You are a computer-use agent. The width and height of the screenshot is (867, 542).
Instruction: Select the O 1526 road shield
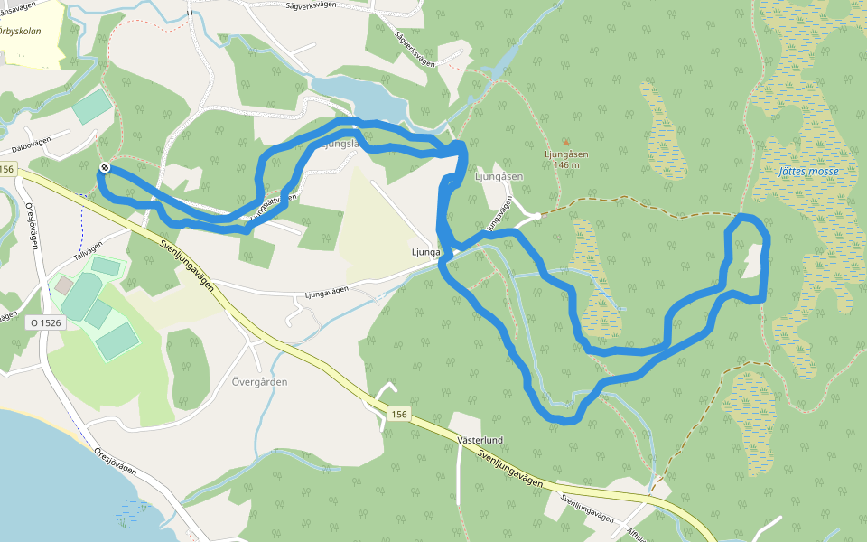(x=44, y=322)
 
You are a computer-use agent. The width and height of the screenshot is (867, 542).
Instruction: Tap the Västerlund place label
(x=480, y=440)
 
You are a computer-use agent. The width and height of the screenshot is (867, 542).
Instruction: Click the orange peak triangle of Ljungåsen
(x=566, y=142)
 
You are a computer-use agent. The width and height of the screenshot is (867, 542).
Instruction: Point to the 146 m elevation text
(x=567, y=165)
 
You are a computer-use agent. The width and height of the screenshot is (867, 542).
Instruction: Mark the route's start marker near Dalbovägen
(x=105, y=167)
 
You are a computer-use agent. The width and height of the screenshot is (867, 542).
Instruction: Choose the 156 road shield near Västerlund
(x=400, y=413)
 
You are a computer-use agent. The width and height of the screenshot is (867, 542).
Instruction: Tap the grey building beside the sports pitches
(x=64, y=285)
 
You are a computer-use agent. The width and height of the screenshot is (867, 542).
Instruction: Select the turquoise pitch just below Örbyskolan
(x=92, y=107)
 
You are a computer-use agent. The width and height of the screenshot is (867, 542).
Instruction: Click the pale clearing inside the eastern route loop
(x=751, y=263)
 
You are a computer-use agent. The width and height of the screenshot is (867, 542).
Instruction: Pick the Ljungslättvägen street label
(x=271, y=204)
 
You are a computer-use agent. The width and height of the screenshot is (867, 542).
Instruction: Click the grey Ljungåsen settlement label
(x=498, y=177)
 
